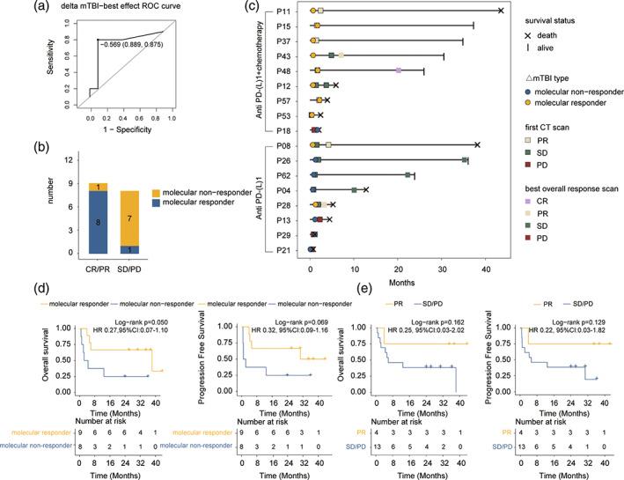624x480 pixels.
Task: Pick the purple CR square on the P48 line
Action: point(399,70)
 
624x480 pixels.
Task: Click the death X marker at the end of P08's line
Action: point(477,144)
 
